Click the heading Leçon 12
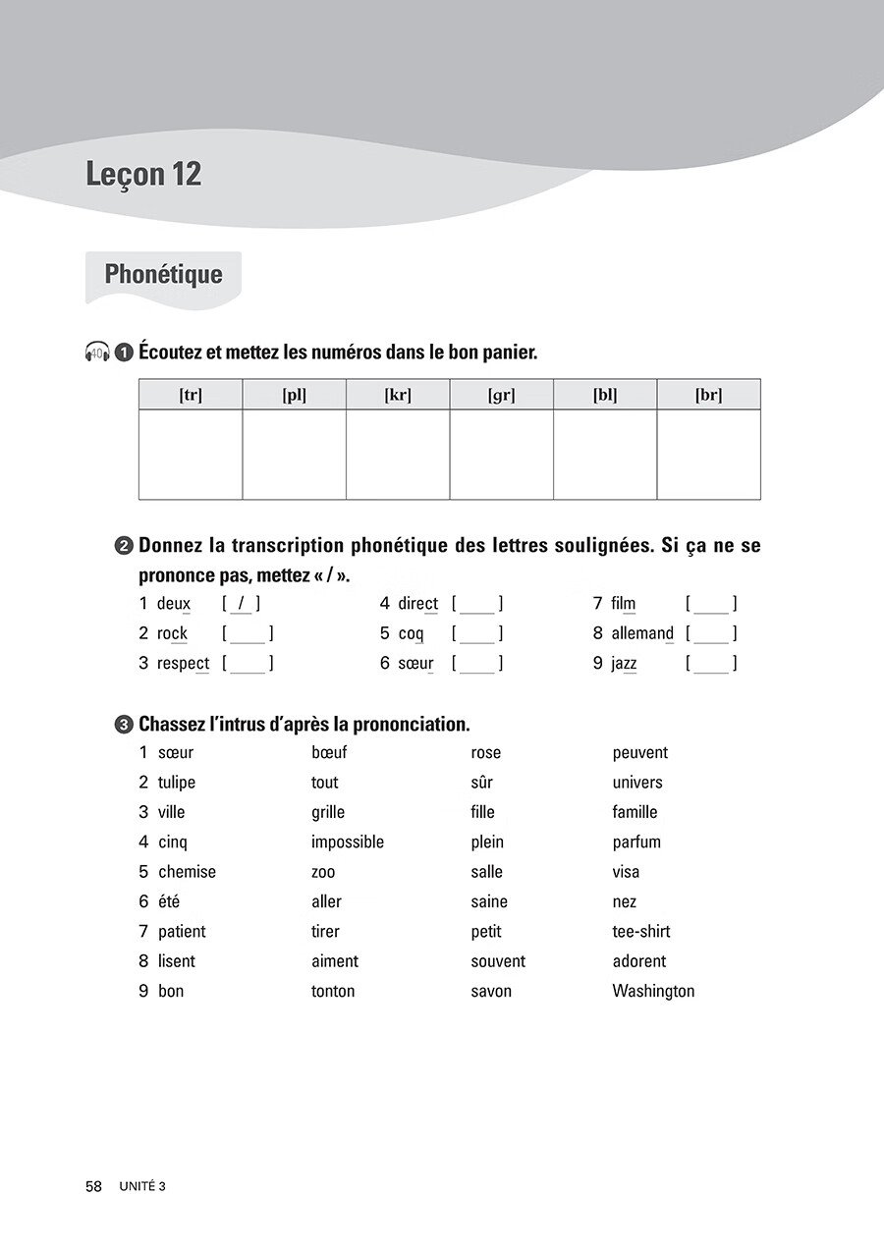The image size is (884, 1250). click(x=143, y=175)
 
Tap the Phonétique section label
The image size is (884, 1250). click(x=163, y=274)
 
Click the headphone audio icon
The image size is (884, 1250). click(x=97, y=352)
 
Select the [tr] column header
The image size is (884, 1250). click(x=191, y=395)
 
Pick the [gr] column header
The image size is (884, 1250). click(x=501, y=395)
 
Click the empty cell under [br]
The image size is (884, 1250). click(x=708, y=454)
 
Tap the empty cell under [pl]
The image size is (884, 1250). click(x=294, y=454)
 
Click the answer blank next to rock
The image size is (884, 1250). click(x=248, y=634)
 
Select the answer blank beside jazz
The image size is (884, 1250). click(x=711, y=664)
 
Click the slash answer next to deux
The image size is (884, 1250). click(x=242, y=604)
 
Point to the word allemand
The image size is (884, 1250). click(x=642, y=634)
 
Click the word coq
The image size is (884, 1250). click(x=412, y=634)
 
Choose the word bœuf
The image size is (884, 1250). click(x=329, y=753)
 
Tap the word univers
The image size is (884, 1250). click(x=637, y=783)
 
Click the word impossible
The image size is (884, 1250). click(x=348, y=842)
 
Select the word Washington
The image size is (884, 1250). click(x=653, y=991)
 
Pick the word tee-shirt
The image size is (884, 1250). click(x=641, y=932)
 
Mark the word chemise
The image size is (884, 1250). click(x=187, y=872)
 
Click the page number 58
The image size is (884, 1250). click(x=93, y=1186)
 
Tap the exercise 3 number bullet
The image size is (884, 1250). click(x=124, y=725)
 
